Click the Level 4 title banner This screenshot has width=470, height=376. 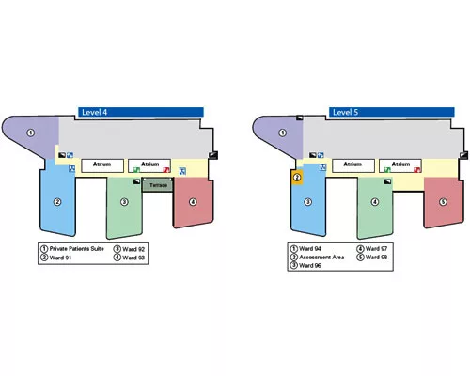pos(141,112)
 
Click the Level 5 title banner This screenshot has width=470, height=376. pos(391,112)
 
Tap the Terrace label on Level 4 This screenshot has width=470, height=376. pos(158,185)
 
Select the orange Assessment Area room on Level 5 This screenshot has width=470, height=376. pos(297,178)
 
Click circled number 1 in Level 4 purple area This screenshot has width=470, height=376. pos(30,133)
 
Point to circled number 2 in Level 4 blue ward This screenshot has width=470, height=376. pos(57,202)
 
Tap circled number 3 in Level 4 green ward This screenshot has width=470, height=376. pos(124,202)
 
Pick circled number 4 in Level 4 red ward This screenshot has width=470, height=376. pos(193,202)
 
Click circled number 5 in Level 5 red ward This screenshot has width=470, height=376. pos(443,202)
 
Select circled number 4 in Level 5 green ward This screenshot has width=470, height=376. pos(375,202)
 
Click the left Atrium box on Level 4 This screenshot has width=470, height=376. pos(102,165)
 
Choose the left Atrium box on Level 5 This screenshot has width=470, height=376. pos(353,165)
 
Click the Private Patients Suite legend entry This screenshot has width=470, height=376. pos(72,249)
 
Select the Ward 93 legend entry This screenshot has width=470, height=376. pos(129,258)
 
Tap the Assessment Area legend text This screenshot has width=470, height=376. pos(321,258)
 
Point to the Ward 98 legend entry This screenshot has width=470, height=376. pos(372,258)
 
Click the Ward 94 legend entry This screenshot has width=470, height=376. pos(305,249)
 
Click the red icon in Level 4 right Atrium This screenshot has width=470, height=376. pos(166,170)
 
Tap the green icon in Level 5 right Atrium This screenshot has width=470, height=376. pos(387,170)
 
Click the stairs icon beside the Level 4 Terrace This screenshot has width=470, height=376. pos(136,181)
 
